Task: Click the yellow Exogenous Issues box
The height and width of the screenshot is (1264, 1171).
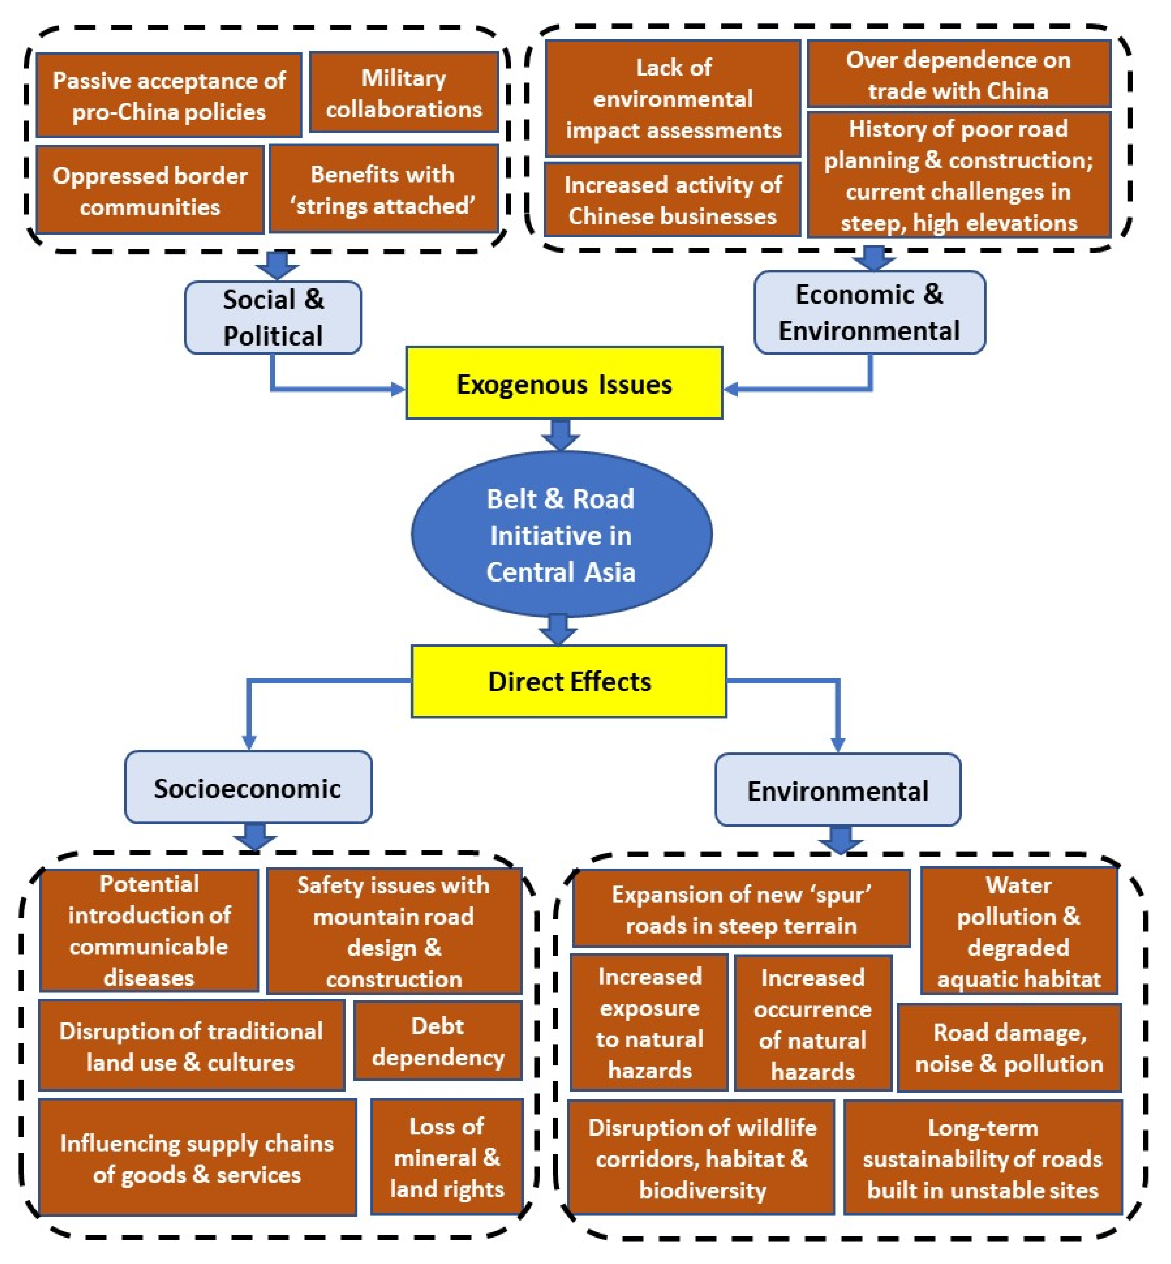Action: coord(564,383)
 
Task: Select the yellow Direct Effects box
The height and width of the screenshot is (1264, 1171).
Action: coord(568,681)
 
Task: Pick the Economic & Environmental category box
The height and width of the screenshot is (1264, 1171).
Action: coord(869,312)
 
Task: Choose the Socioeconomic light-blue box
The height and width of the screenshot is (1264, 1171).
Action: coord(248,788)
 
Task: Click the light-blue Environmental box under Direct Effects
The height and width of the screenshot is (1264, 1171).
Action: coord(838,790)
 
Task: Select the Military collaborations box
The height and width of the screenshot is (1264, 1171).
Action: coord(404,93)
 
